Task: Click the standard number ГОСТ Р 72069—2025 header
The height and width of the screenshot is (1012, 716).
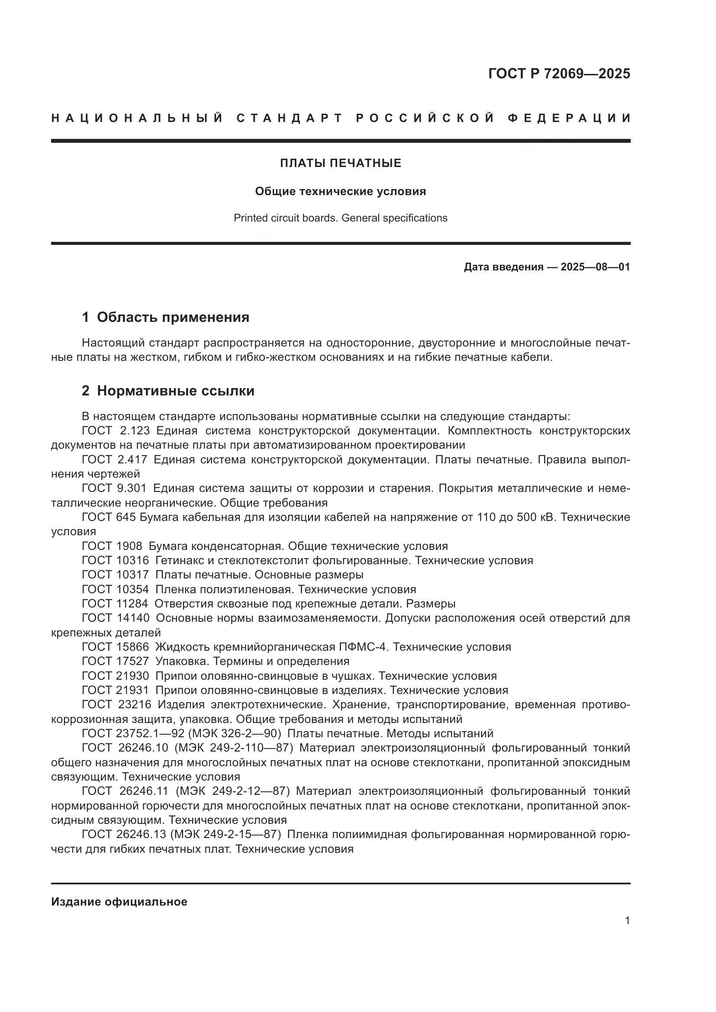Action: pos(558,74)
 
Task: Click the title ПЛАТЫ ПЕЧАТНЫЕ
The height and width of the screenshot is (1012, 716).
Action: pos(340,164)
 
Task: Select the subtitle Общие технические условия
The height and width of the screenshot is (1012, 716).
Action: pos(340,191)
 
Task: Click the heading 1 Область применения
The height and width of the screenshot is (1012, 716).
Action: pos(165,317)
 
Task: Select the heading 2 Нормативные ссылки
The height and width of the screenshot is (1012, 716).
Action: pos(168,391)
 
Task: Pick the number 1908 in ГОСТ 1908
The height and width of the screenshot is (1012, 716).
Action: pos(129,546)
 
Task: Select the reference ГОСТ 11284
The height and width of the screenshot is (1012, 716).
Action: pos(115,604)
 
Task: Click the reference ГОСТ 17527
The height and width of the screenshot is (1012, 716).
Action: pos(115,661)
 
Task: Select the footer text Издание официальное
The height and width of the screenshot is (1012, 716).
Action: pos(119,902)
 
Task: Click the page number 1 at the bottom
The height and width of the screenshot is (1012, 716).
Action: pos(627,921)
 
